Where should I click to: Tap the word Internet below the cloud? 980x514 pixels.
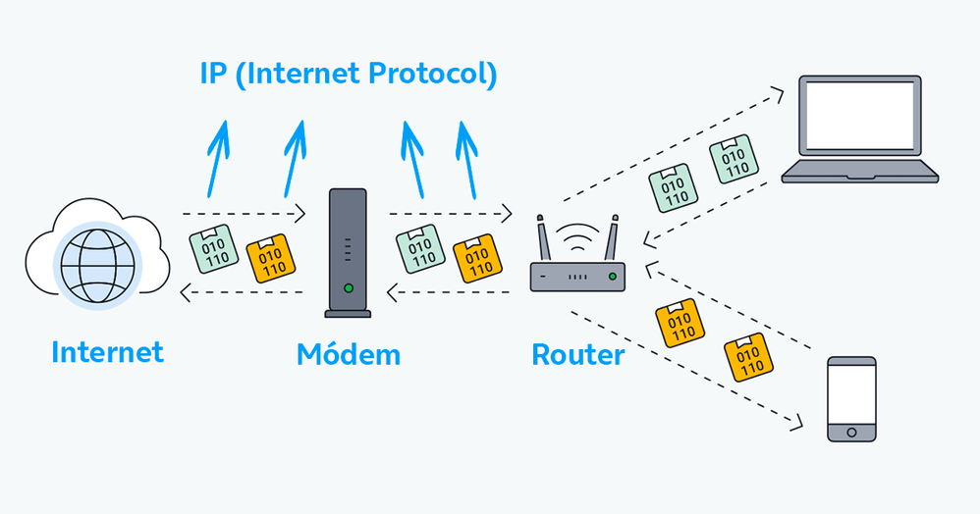point(107,351)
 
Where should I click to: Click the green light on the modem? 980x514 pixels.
point(348,288)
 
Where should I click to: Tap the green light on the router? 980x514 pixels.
point(613,278)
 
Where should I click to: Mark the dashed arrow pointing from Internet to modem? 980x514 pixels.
point(244,213)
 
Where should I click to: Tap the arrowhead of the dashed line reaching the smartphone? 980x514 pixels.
point(797,425)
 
